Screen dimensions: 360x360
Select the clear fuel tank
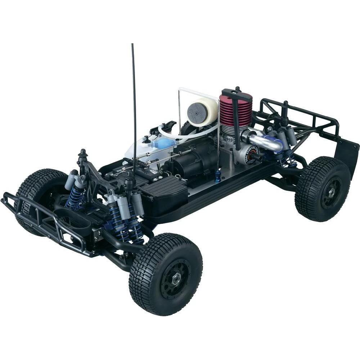(x=144, y=148)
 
